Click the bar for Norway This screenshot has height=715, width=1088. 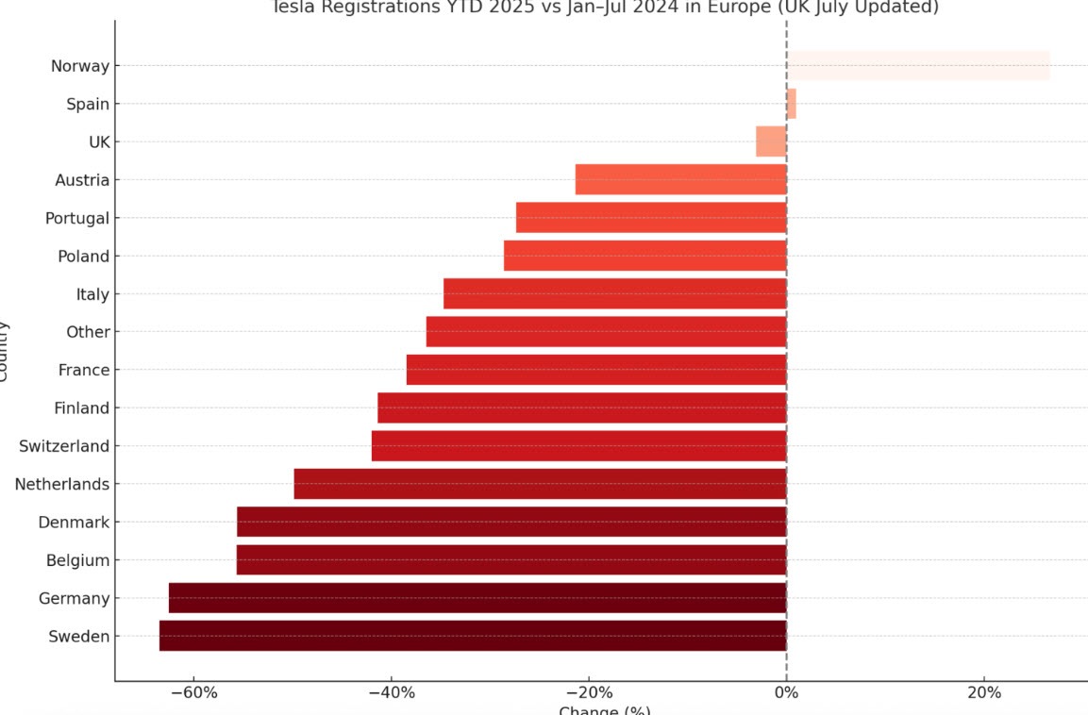918,66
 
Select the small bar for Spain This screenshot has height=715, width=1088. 792,104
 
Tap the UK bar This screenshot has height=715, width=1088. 771,141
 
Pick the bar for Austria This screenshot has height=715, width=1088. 680,179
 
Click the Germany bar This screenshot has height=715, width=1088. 477,598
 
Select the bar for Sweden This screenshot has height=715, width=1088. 473,636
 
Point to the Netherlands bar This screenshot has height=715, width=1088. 540,484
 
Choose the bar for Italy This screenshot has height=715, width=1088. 614,293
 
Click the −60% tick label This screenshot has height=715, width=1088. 193,693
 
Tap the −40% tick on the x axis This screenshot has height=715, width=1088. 392,693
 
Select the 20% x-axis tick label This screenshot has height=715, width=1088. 984,693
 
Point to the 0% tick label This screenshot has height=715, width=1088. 786,693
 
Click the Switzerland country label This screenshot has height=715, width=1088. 64,446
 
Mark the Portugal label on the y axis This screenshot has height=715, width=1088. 77,218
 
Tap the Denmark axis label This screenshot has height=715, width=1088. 74,523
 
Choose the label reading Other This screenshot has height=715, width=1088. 88,332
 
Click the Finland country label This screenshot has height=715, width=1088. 83,408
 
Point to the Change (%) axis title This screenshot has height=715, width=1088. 604,710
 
